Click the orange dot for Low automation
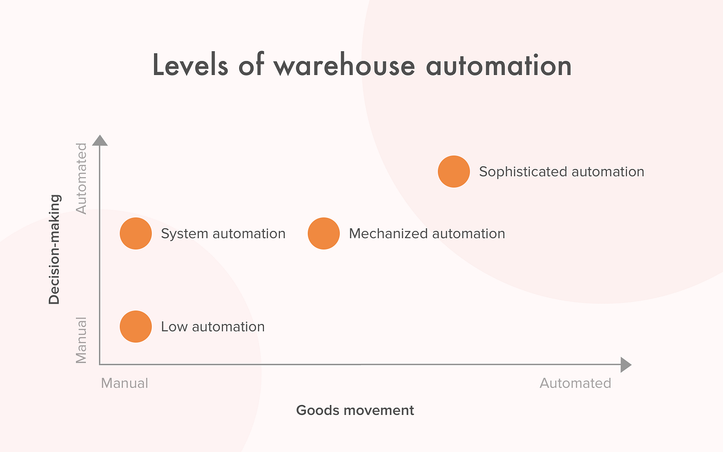click(x=136, y=326)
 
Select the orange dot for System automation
click(x=136, y=233)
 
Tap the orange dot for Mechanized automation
click(x=324, y=233)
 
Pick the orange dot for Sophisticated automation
click(x=454, y=172)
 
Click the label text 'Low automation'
click(x=213, y=327)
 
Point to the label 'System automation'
click(x=223, y=234)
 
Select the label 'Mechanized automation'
click(x=427, y=234)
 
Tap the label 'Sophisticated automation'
click(x=561, y=172)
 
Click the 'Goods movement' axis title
click(x=355, y=411)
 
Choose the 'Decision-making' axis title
click(x=55, y=250)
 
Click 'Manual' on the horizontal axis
click(x=124, y=383)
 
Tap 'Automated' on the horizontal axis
click(x=575, y=383)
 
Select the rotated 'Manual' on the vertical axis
click(x=82, y=340)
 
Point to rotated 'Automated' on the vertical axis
click(x=82, y=179)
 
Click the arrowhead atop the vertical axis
click(x=100, y=141)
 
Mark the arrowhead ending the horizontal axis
click(x=625, y=365)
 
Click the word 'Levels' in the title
click(x=190, y=66)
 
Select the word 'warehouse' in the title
click(x=344, y=66)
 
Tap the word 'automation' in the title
click(x=498, y=66)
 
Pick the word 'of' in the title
click(x=251, y=66)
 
